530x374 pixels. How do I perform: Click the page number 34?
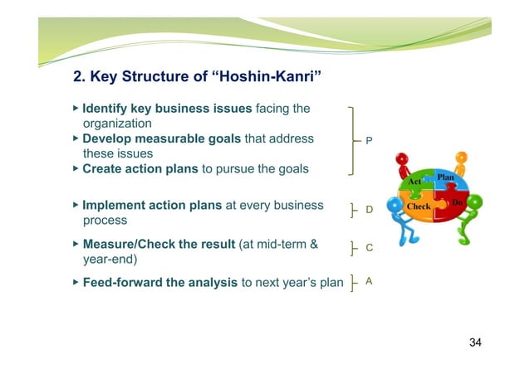pos(475,342)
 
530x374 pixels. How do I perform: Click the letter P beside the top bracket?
pos(370,142)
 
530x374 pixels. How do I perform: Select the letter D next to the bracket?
pos(370,211)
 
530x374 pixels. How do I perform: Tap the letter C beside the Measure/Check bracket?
pos(370,247)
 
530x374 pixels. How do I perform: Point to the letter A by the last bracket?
pos(369,281)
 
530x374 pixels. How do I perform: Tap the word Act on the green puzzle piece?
pos(415,182)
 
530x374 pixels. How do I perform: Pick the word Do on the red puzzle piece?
pos(457,202)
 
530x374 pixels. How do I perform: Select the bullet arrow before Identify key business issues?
pos(76,108)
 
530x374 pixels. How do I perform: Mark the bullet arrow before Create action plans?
pos(76,168)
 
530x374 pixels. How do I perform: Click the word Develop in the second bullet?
pos(109,138)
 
